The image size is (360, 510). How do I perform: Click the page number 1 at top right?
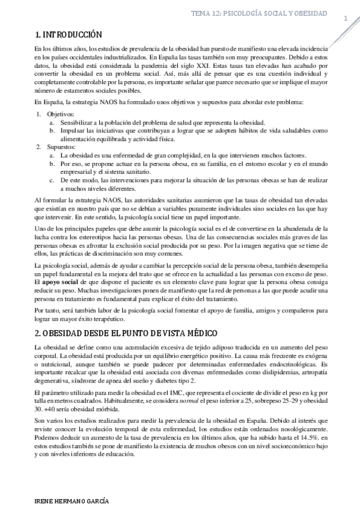[x=346, y=18]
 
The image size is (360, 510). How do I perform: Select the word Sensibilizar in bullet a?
[x=78, y=122]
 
